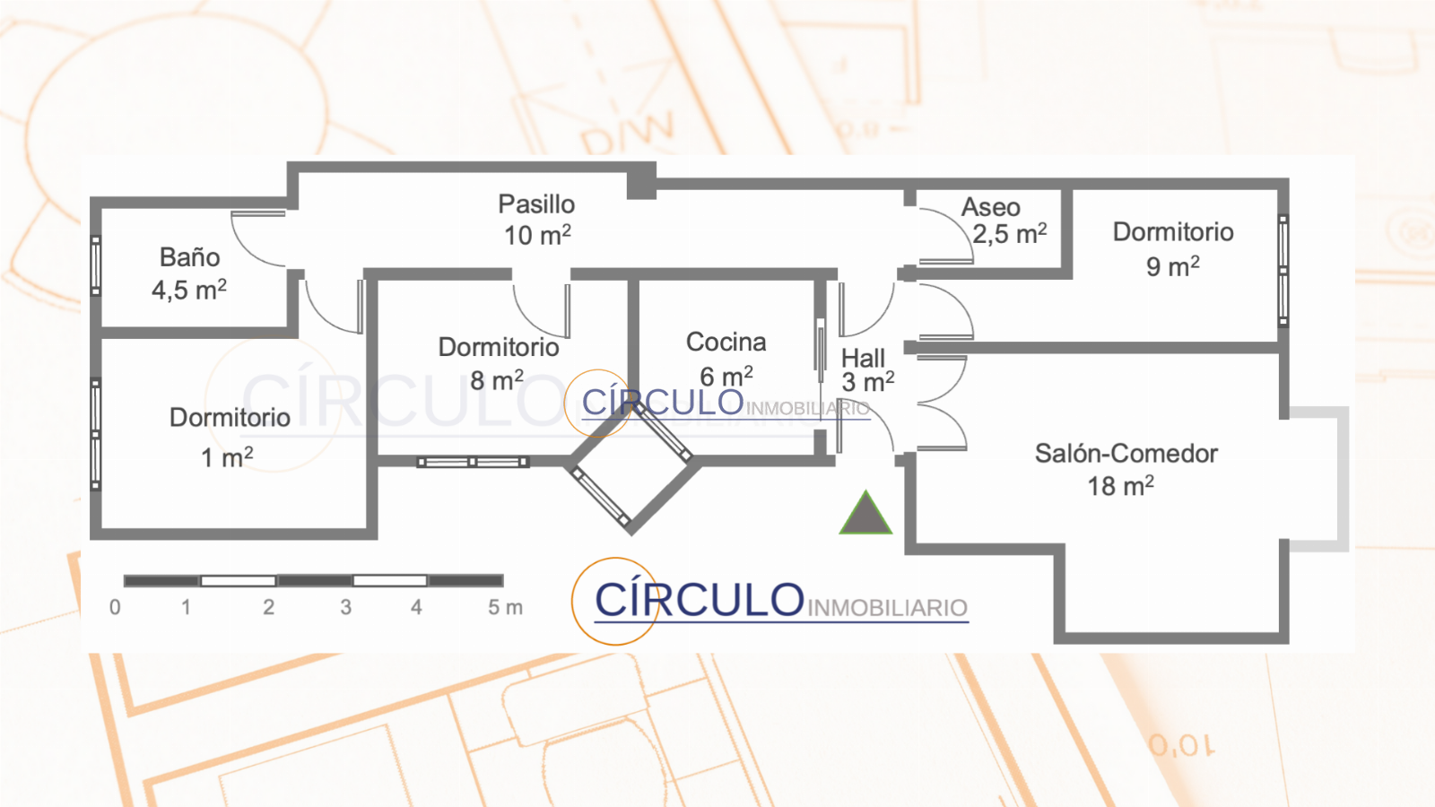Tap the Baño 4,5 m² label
pyautogui.click(x=189, y=273)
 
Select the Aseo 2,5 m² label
pyautogui.click(x=1003, y=221)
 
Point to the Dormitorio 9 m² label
pyautogui.click(x=1173, y=248)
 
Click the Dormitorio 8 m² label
pyautogui.click(x=498, y=363)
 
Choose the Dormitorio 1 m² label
pyautogui.click(x=229, y=437)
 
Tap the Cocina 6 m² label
pyautogui.click(x=726, y=359)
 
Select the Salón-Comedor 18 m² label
pyautogui.click(x=1125, y=469)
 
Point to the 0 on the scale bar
pyautogui.click(x=115, y=608)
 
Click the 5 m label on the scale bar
pyautogui.click(x=505, y=608)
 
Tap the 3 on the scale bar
pyautogui.click(x=346, y=608)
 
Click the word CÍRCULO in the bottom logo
pyautogui.click(x=700, y=600)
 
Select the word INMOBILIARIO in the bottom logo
pyautogui.click(x=887, y=609)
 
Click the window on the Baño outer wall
pyautogui.click(x=96, y=265)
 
